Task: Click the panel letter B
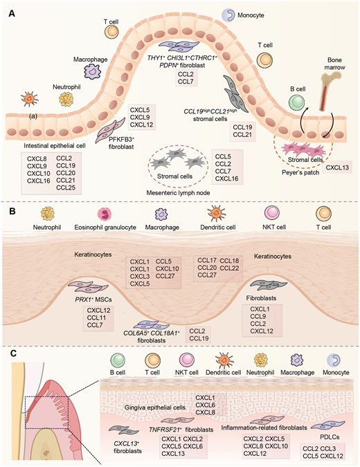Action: click(x=12, y=211)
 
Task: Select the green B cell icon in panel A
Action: click(x=297, y=102)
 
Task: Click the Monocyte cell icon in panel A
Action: click(x=228, y=15)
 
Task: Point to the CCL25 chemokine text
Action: click(x=66, y=187)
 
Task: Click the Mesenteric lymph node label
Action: click(x=178, y=193)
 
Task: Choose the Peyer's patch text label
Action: click(x=300, y=172)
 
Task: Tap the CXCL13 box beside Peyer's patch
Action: click(x=337, y=167)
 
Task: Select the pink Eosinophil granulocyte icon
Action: click(x=105, y=214)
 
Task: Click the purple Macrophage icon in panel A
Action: click(x=91, y=71)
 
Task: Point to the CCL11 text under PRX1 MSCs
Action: click(x=96, y=318)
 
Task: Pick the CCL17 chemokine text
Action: click(x=207, y=261)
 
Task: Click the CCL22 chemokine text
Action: click(x=229, y=268)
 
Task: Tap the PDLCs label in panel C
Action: click(x=329, y=437)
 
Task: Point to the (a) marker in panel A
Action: click(x=33, y=116)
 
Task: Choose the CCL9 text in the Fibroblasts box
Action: click(x=258, y=316)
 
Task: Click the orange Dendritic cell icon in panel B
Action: click(x=217, y=214)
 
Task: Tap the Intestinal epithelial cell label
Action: click(x=55, y=146)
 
